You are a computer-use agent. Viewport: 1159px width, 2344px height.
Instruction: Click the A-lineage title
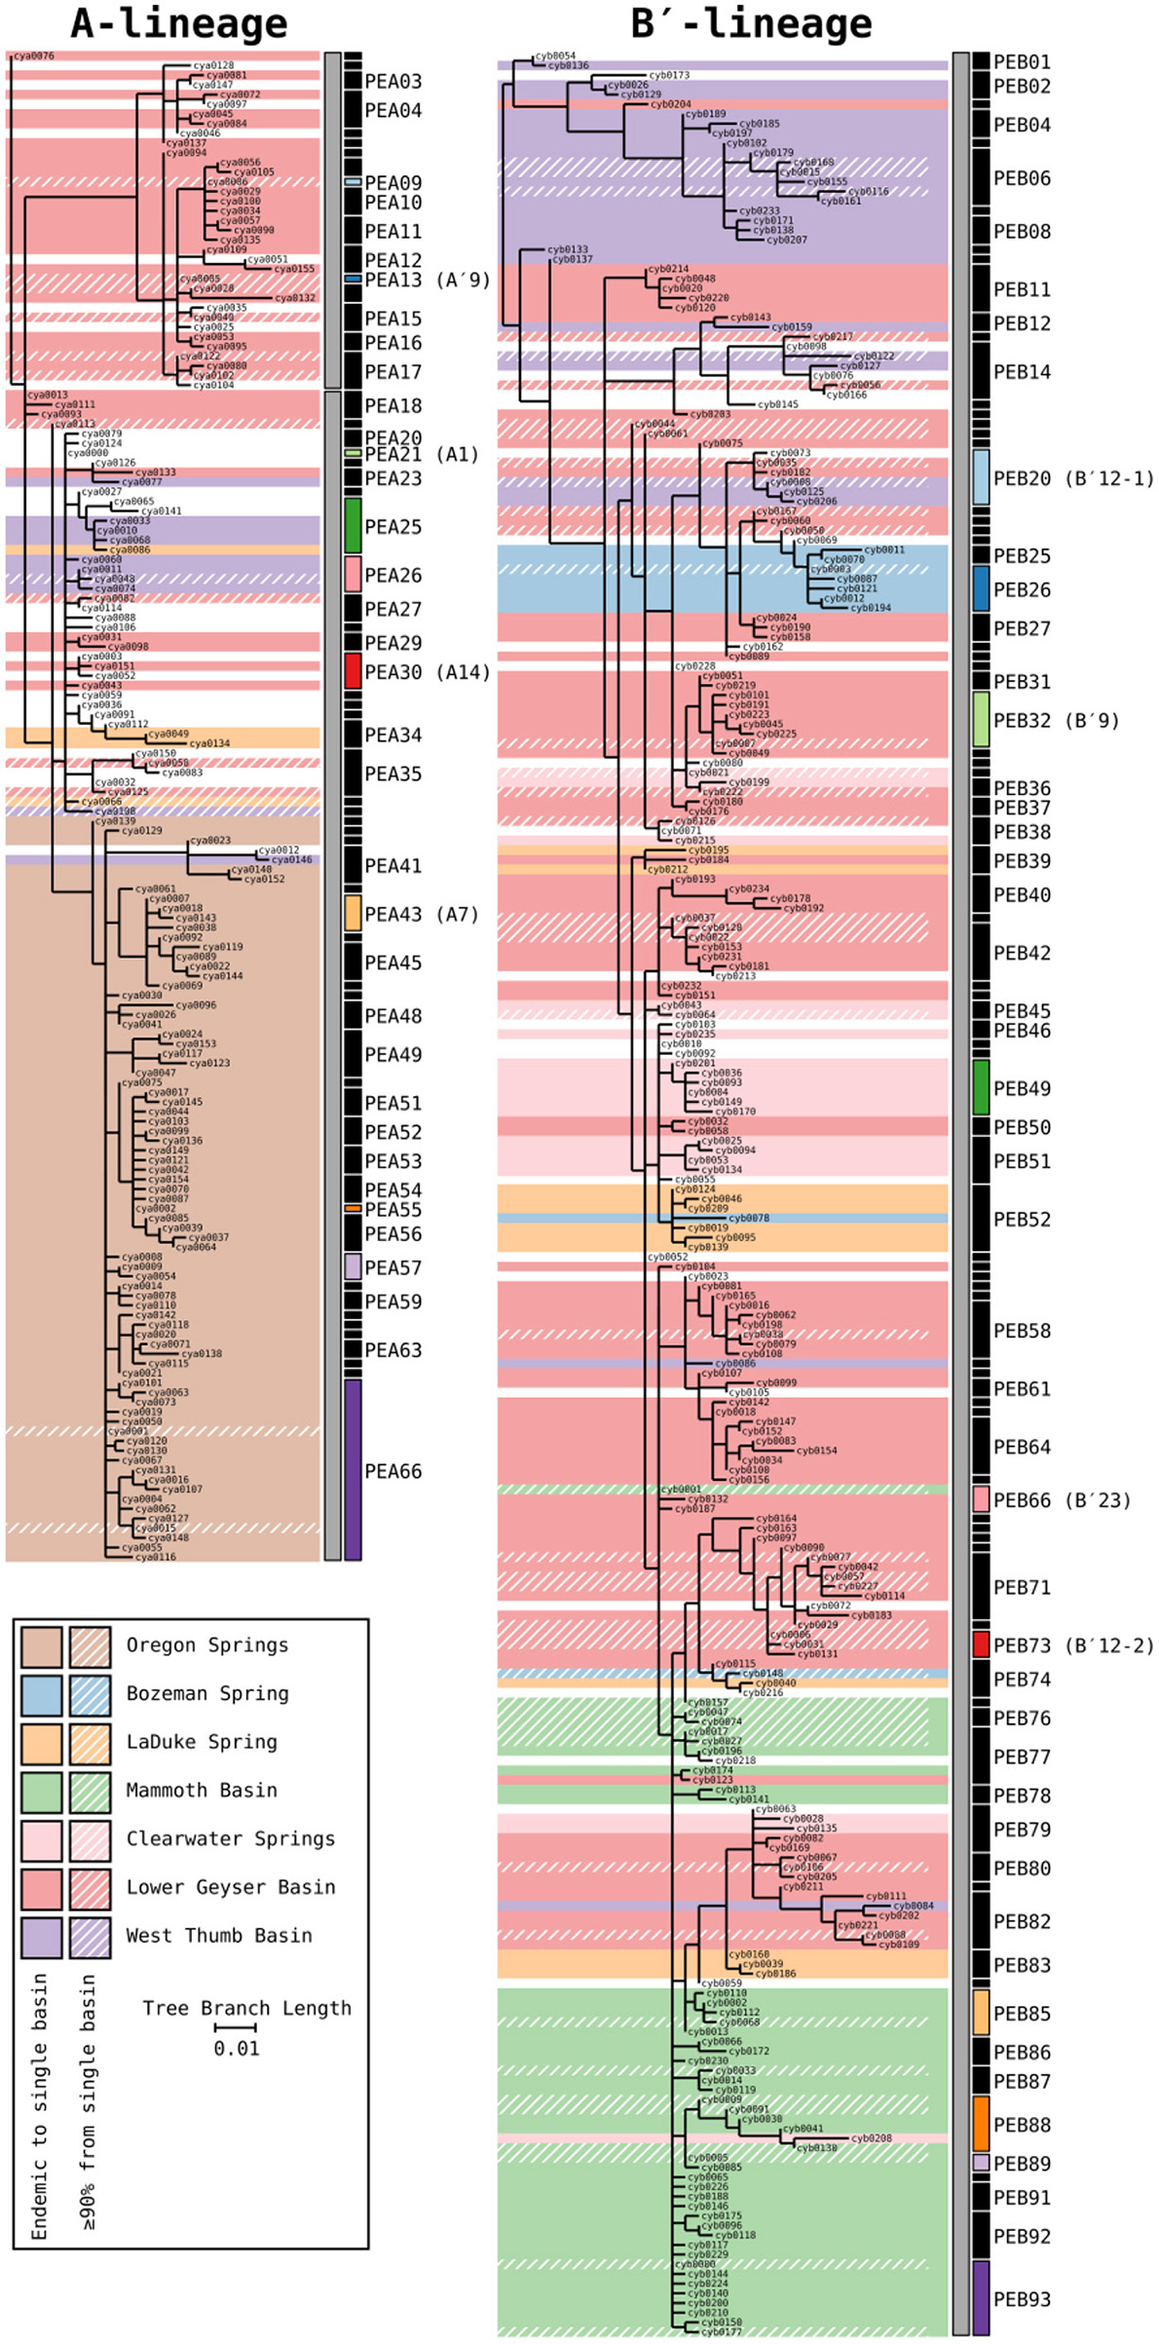[x=179, y=24]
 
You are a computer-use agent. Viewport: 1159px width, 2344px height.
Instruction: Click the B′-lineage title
[x=751, y=24]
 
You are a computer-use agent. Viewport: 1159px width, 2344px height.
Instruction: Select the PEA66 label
[x=393, y=1471]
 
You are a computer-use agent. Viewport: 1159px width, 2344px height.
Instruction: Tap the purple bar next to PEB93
[x=981, y=2298]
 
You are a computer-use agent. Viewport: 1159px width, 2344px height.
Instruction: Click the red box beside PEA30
[x=353, y=671]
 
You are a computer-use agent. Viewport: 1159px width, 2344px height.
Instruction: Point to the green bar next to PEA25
[x=353, y=526]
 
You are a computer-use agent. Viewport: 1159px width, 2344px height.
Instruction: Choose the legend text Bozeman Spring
[x=207, y=1694]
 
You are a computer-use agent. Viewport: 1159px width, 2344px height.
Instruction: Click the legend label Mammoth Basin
[x=202, y=1791]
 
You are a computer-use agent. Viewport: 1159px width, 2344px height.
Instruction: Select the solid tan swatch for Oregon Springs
[x=42, y=1646]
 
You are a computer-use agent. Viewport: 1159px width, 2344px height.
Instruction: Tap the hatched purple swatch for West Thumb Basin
[x=90, y=1937]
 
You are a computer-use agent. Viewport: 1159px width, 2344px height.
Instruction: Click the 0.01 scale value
[x=237, y=2049]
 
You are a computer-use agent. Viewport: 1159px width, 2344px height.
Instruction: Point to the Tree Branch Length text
[x=246, y=2008]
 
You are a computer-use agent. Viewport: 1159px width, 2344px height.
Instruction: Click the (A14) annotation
[x=463, y=672]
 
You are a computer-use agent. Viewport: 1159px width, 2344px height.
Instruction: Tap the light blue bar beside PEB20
[x=981, y=477]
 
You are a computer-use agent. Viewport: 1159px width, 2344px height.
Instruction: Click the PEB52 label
[x=1022, y=1220]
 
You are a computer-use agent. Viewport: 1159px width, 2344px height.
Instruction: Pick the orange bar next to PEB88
[x=981, y=2123]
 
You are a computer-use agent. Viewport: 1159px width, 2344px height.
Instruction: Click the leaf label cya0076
[x=34, y=57]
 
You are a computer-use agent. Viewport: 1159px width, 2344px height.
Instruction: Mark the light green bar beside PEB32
[x=981, y=720]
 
